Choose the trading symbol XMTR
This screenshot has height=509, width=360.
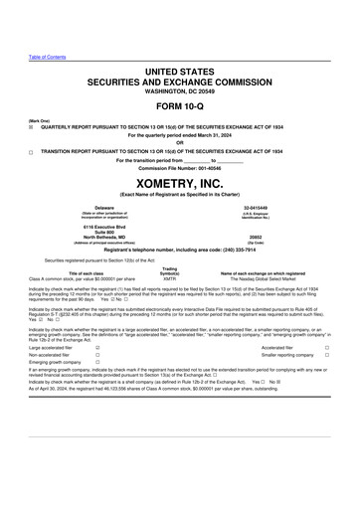pos(169,278)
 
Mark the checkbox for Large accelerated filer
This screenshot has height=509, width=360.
pos(96,348)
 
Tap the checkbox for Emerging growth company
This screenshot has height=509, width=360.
pos(96,363)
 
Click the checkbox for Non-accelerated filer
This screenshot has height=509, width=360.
pos(96,355)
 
